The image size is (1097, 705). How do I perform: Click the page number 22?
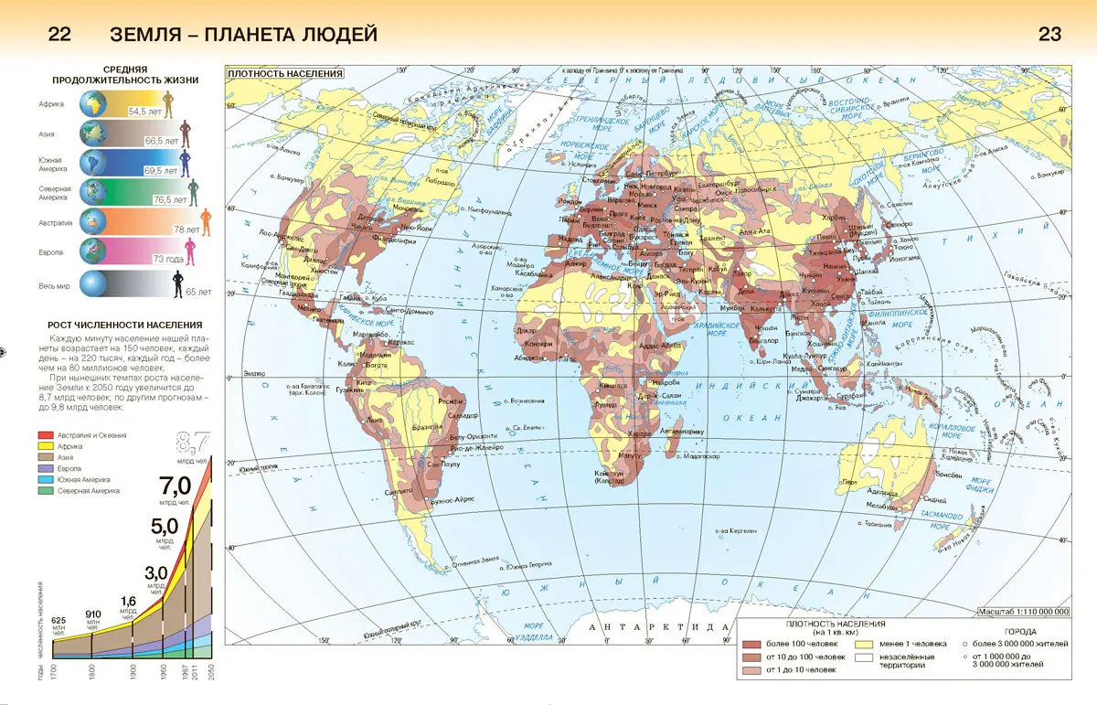click(59, 35)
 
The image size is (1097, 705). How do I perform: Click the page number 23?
click(1049, 35)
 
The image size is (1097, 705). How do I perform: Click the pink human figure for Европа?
click(191, 251)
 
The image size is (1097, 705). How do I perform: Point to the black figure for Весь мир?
click(178, 283)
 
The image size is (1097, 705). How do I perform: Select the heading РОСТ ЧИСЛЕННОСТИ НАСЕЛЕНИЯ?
click(124, 325)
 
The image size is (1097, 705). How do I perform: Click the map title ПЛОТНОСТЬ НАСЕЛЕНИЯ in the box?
click(285, 74)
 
